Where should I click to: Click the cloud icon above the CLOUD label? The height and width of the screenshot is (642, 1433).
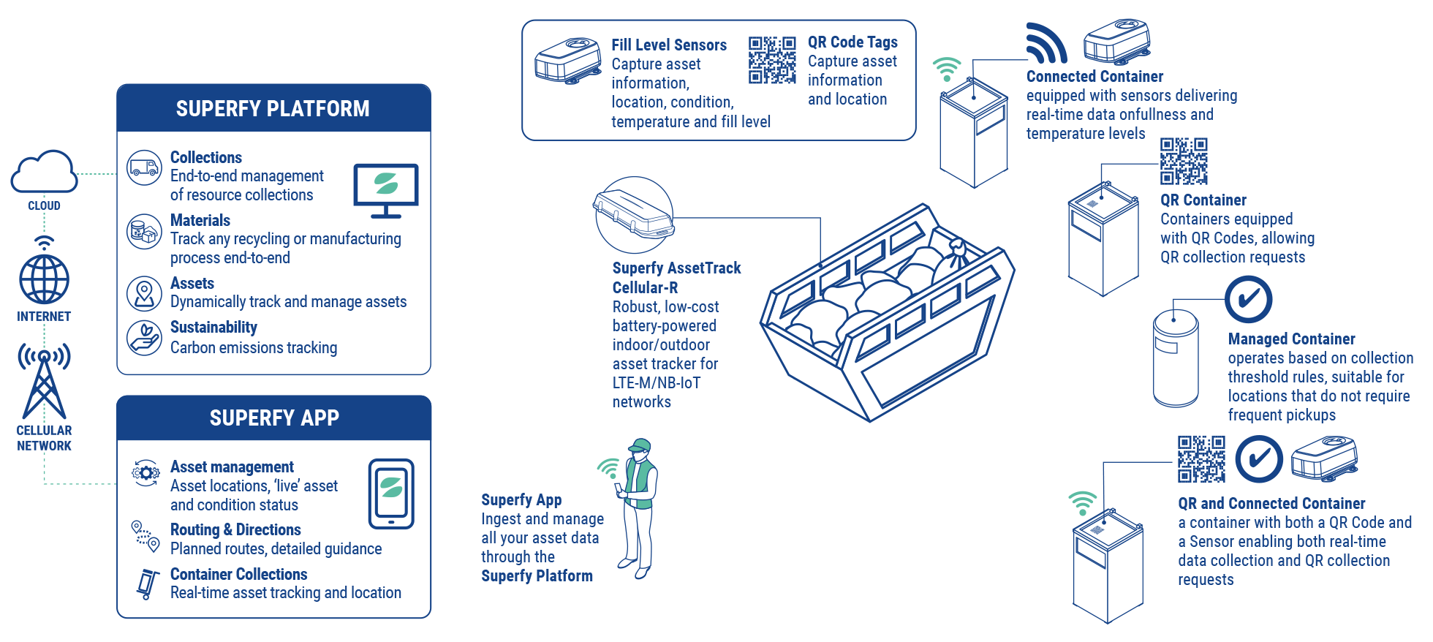tap(44, 172)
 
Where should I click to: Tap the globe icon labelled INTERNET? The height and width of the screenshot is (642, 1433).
tap(44, 279)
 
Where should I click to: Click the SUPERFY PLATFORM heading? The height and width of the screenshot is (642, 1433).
tap(273, 109)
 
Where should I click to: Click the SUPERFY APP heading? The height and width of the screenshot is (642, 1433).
tap(274, 418)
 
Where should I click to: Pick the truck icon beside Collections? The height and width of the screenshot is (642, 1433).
tap(144, 167)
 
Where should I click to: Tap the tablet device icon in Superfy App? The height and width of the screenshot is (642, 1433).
tap(391, 493)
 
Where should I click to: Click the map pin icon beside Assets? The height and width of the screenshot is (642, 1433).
tap(144, 293)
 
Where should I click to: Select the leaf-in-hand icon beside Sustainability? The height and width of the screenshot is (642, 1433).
tap(144, 337)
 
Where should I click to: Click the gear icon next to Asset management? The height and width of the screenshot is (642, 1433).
tap(145, 472)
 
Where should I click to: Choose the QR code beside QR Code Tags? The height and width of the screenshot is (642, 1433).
tap(772, 60)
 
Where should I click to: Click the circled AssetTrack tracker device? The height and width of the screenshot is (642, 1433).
tap(633, 215)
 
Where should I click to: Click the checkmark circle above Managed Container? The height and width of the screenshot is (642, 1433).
tap(1248, 299)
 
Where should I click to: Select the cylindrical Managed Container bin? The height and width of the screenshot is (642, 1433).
tap(1176, 358)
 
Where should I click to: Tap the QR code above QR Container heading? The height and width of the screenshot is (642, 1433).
tap(1183, 161)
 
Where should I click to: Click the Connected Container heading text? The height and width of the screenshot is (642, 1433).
tap(1094, 77)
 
